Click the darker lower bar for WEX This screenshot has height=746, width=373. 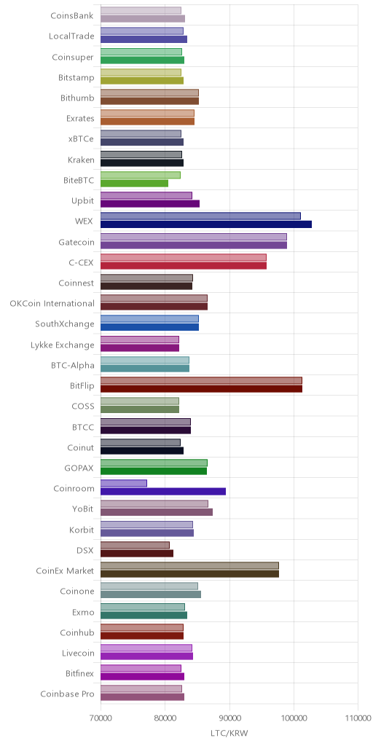(206, 224)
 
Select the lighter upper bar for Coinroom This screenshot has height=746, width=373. (124, 484)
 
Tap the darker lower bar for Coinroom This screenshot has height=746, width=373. (163, 492)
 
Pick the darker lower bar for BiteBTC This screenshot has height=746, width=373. (134, 183)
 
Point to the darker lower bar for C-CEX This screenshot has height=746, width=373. (184, 265)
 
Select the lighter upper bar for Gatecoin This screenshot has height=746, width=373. (194, 237)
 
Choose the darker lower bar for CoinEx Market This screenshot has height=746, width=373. (190, 574)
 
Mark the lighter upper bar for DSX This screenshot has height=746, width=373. (135, 545)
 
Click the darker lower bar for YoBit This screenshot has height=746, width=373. (157, 512)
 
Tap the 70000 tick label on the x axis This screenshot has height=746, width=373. (101, 718)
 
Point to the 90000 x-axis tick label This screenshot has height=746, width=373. (229, 718)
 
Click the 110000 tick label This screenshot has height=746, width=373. (358, 718)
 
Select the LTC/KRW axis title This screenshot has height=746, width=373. (229, 733)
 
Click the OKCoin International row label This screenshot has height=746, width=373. (52, 304)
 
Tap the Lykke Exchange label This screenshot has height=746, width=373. (63, 345)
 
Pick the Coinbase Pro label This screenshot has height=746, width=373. (68, 694)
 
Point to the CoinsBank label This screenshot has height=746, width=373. (72, 15)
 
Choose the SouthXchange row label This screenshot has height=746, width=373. (65, 324)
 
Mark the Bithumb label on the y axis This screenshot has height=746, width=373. (77, 98)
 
